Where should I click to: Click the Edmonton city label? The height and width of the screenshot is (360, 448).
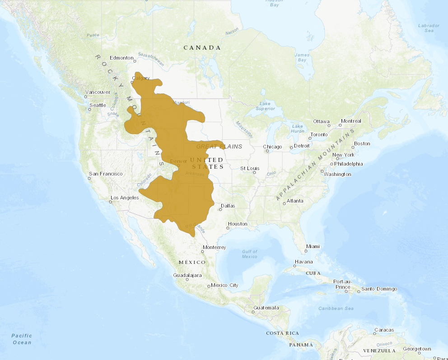point(121,58)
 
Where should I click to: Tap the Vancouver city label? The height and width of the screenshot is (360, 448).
point(98,92)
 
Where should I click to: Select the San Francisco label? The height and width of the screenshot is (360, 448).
point(106,174)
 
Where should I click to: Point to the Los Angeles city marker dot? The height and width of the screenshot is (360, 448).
point(110,202)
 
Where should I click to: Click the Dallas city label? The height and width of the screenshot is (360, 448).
point(228,206)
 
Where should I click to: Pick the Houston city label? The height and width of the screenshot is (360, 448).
point(238,224)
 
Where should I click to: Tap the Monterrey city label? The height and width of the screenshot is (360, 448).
point(214,247)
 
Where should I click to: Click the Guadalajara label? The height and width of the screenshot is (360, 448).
point(187,275)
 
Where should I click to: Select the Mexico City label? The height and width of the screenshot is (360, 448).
point(224,285)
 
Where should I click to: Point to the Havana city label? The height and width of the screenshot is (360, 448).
point(303,262)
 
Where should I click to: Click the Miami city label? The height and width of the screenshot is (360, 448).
point(313,246)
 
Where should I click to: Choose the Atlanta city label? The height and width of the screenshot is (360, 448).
point(295,201)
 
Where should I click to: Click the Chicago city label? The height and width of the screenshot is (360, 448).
point(272,147)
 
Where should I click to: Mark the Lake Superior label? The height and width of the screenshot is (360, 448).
point(265,106)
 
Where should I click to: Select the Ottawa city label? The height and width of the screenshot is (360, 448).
point(322,121)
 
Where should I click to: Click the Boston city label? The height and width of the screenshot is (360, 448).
point(362,143)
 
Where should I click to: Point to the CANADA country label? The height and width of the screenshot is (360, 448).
point(202,47)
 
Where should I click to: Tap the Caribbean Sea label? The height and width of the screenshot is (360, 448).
point(336,308)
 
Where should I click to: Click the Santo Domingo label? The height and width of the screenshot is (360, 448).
point(379,289)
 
